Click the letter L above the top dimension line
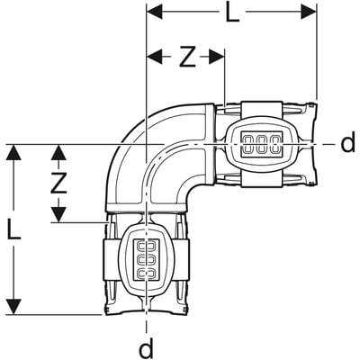pyautogui.click(x=233, y=14)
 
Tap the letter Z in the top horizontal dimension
pyautogui.click(x=186, y=57)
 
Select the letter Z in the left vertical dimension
pyautogui.click(x=58, y=184)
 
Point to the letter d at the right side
pyautogui.click(x=347, y=144)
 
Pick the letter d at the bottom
pyautogui.click(x=145, y=346)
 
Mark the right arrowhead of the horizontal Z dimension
pyautogui.click(x=218, y=57)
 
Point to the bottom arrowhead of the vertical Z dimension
pyautogui.click(x=58, y=217)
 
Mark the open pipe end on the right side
pyautogui.click(x=316, y=144)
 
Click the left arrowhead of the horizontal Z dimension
pyautogui.click(x=153, y=57)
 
